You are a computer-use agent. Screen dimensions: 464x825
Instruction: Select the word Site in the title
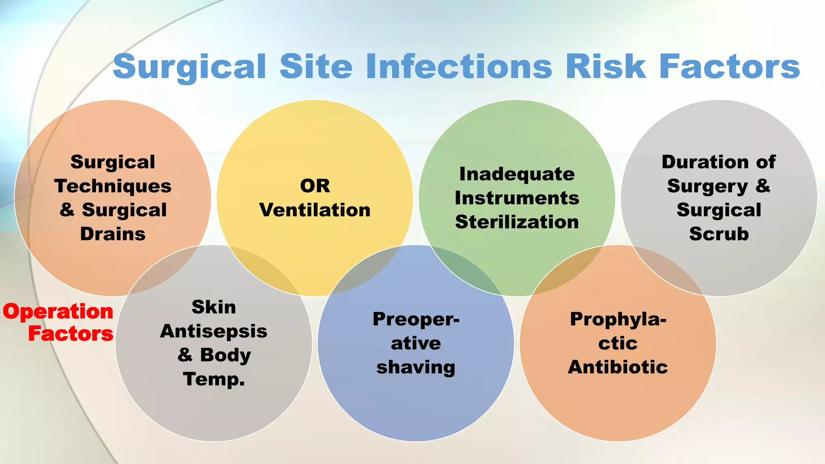(x=316, y=66)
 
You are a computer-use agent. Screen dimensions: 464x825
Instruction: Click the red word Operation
(x=58, y=312)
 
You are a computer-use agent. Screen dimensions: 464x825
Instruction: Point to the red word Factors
(x=71, y=334)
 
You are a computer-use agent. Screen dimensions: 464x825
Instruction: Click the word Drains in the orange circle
(x=113, y=234)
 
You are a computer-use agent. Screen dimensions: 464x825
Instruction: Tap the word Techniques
(x=113, y=186)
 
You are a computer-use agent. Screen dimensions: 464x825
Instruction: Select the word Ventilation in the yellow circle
(x=315, y=210)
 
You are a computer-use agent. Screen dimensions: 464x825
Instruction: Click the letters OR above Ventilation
(x=315, y=186)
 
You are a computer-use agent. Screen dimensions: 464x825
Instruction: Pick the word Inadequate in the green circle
(x=517, y=174)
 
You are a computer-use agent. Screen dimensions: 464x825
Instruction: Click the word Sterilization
(x=517, y=222)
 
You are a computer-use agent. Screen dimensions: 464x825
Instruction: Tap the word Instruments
(x=517, y=198)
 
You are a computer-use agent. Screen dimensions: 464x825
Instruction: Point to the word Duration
(x=705, y=162)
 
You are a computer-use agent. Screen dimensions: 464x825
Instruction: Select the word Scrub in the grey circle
(x=719, y=234)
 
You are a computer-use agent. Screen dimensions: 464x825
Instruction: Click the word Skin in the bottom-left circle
(x=214, y=307)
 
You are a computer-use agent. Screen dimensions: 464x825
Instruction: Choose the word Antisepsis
(x=214, y=331)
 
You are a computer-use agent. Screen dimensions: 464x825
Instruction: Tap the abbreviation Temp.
(x=214, y=379)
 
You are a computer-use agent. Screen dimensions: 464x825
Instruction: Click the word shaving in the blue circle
(x=416, y=367)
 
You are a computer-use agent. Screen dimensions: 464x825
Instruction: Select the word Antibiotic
(x=618, y=367)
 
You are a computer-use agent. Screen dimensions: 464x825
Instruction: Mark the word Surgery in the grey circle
(x=707, y=186)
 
